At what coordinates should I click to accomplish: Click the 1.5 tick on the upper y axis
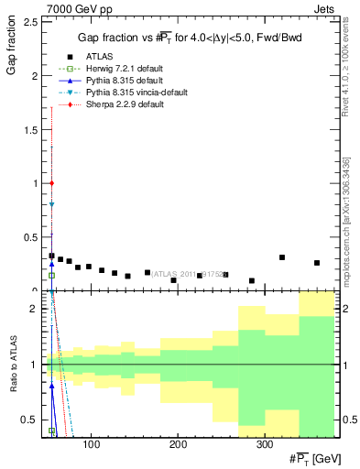coord(32,129)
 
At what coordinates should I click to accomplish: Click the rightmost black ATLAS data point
coord(317,263)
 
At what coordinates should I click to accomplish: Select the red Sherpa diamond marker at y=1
coord(52,183)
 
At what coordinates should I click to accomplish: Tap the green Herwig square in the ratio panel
coord(52,431)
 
